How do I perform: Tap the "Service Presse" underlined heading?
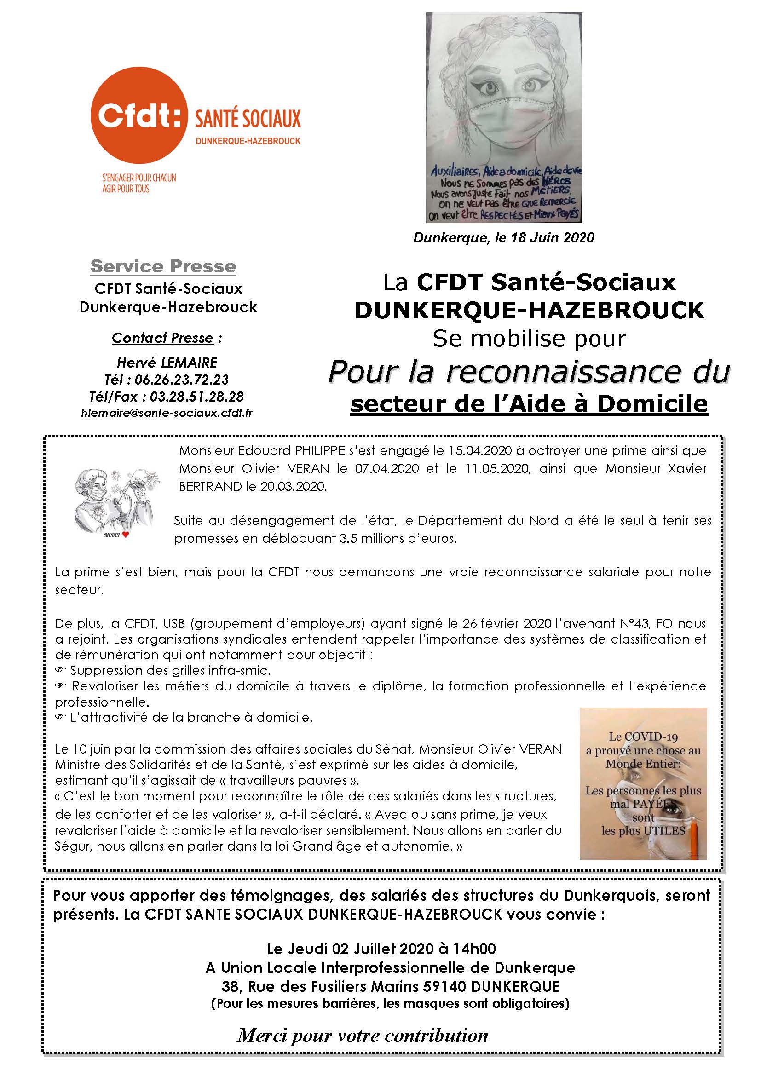[163, 266]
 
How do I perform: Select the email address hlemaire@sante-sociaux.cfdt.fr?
[167, 413]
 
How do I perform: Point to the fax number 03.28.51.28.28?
[197, 397]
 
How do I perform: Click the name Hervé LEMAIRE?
[167, 362]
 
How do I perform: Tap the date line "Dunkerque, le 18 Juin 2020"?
[504, 237]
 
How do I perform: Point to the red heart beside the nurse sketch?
[125, 534]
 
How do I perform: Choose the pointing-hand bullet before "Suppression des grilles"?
[60, 670]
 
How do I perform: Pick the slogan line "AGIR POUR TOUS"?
[126, 189]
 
